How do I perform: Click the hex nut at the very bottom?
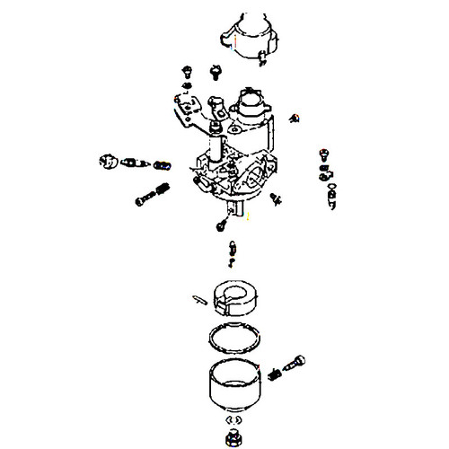(234, 437)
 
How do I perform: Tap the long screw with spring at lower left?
(154, 193)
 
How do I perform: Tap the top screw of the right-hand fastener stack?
(323, 153)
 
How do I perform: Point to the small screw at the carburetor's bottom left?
(220, 224)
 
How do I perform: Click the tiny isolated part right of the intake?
(297, 117)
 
